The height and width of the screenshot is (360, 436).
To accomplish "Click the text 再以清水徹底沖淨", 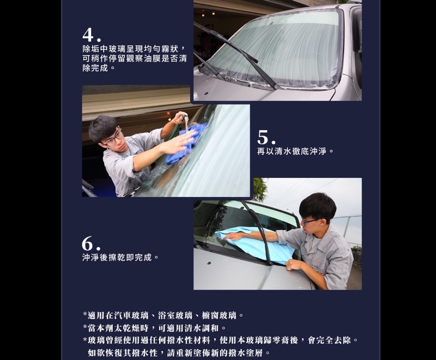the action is [x=295, y=151].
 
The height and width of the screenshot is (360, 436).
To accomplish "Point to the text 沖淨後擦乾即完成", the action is [x=120, y=258].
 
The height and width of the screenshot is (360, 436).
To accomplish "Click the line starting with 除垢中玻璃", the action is [x=134, y=49].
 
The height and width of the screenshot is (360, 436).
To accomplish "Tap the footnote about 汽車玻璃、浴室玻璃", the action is [x=163, y=315].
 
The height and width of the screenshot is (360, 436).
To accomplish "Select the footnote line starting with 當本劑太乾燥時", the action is [x=155, y=328].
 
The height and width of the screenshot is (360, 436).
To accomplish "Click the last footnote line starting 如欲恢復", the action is [x=179, y=353].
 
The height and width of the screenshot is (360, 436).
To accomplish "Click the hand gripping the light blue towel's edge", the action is [x=293, y=264].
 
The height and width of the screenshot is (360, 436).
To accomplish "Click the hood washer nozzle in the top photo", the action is [x=207, y=94].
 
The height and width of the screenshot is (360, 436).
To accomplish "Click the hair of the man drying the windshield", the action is [x=318, y=205].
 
